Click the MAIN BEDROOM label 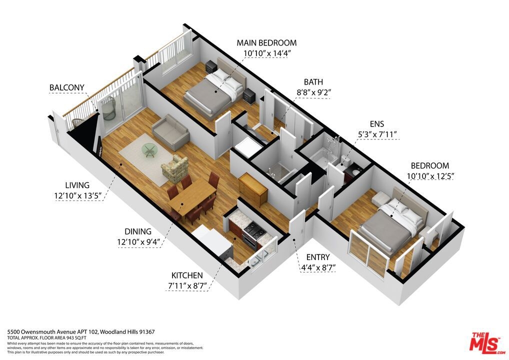[266, 43]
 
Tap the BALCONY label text [67, 87]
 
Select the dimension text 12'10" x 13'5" [78, 195]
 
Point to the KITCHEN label [187, 275]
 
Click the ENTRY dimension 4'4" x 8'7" [318, 268]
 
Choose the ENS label [377, 124]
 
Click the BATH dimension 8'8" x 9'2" [313, 92]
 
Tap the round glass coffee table [149, 150]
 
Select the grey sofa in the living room [170, 132]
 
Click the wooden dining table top [192, 196]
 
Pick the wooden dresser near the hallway [253, 189]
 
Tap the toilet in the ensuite [342, 164]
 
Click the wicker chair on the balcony [109, 108]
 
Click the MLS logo [487, 343]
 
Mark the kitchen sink [258, 257]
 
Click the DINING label [138, 232]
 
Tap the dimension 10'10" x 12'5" [430, 176]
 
